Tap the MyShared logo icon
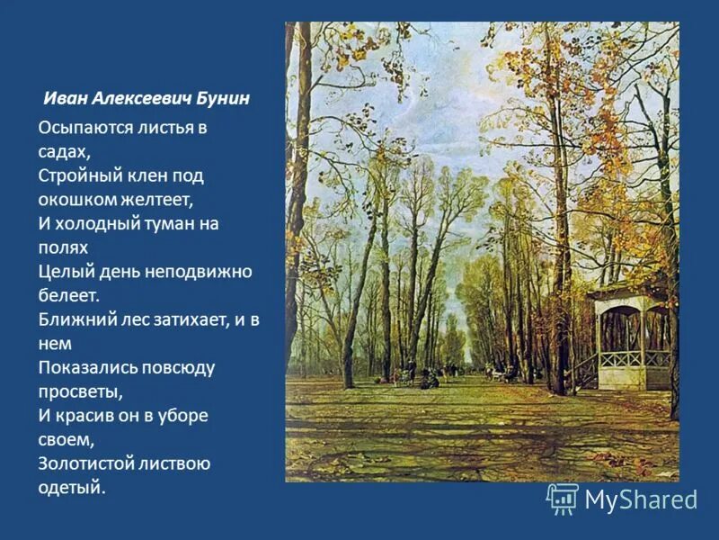point(563,499)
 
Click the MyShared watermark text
point(642,499)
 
